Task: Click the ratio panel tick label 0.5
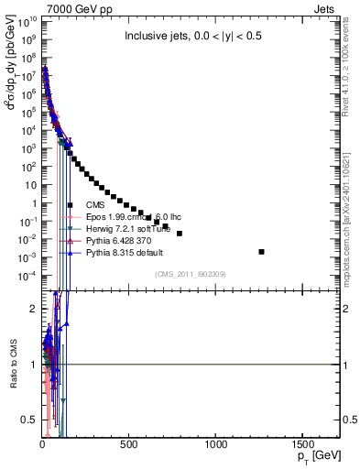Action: pos(29,420)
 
